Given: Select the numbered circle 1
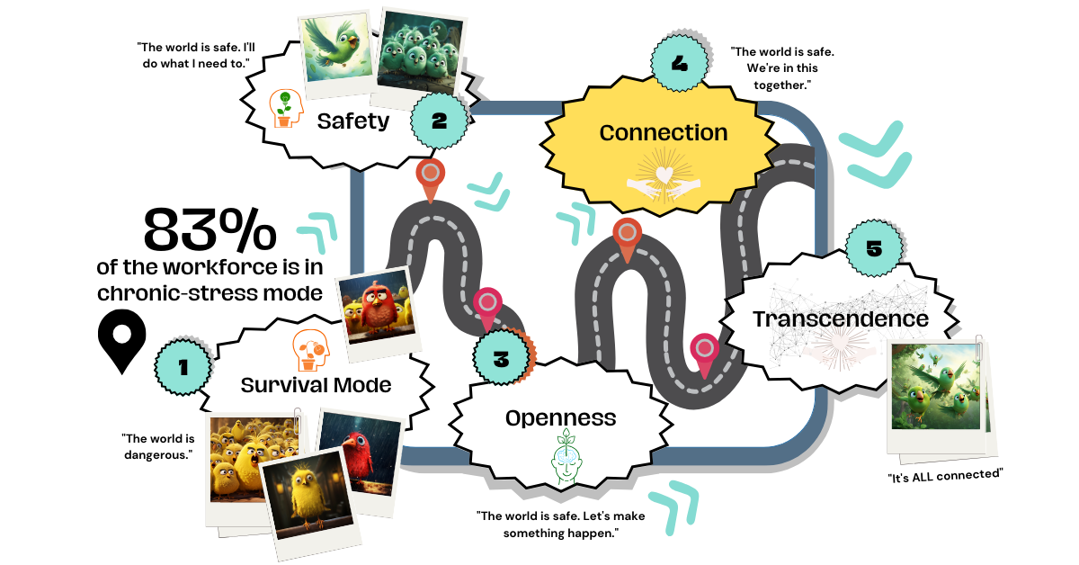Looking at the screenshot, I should pos(183,366).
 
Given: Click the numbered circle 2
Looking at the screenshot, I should pos(439,121).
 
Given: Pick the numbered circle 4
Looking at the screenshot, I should pos(679,64).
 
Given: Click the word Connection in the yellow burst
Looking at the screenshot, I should pos(664,132).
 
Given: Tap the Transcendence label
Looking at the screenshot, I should pos(840,318).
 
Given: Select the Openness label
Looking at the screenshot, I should pos(560,417).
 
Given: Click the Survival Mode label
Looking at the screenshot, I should pos(316,385).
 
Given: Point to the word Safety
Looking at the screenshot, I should pos(352,120).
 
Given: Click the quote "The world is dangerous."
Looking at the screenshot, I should pos(158,446).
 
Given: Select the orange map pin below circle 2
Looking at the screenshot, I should pos(430,178).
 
